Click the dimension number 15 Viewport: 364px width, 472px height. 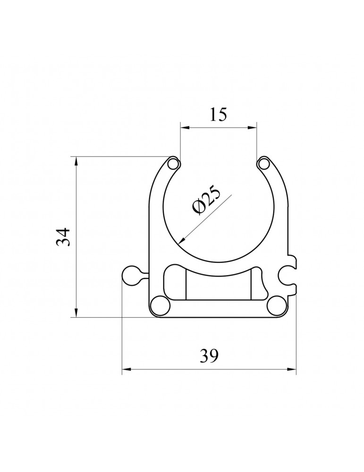coord(218,114)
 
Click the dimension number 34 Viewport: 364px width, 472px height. coord(63,237)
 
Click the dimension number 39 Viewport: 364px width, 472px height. coord(209,356)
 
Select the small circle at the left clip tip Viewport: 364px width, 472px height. coord(173,164)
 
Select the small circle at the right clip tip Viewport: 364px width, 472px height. coord(264,164)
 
